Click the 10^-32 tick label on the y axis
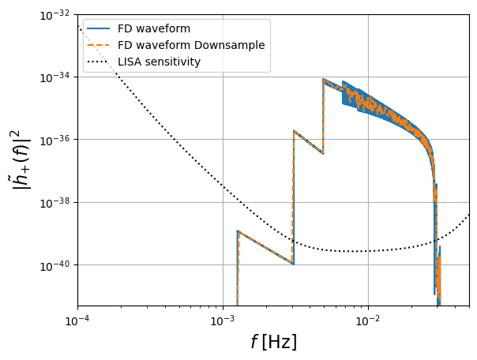coord(54,15)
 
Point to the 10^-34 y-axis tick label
coord(54,77)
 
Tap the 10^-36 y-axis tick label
coord(54,140)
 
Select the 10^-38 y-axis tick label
coord(54,203)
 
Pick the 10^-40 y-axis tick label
coord(54,265)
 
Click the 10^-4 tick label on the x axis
coord(78,321)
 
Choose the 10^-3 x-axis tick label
coord(223,321)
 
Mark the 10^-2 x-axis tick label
coord(368,321)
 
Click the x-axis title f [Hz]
coord(274,342)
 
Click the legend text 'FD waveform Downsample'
coord(191,45)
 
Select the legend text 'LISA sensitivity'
coord(159,62)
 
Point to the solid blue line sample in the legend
coord(98,28)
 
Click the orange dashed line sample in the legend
coord(98,45)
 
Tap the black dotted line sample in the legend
coord(98,62)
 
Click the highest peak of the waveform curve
coord(324,79)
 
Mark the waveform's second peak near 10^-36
coord(294,131)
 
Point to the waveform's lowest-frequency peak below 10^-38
coord(238,231)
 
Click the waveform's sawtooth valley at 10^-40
coord(293,264)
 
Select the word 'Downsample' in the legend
coord(229,45)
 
